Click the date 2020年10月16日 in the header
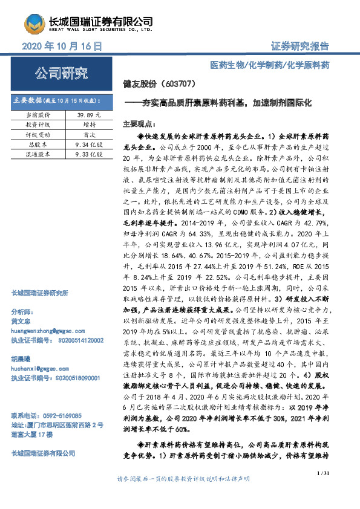[61, 46]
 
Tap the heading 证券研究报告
[299, 47]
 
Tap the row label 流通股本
[39, 155]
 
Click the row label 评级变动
[39, 134]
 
